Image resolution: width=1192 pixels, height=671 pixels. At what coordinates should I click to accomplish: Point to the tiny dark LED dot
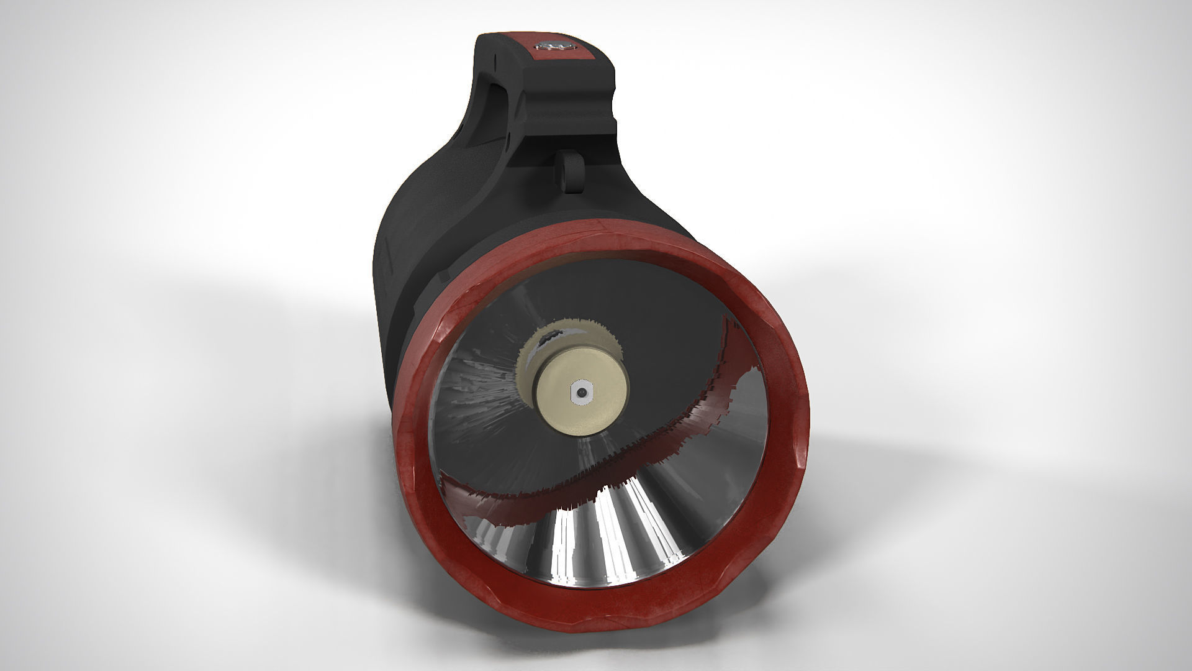click(x=581, y=393)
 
